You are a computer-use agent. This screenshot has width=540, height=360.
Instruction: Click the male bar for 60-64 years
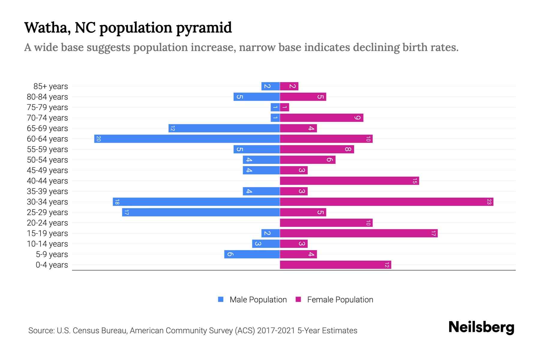tap(187, 139)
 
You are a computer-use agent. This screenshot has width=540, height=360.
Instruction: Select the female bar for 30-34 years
tap(386, 202)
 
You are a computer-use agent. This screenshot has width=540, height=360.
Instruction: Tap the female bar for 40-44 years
tap(349, 181)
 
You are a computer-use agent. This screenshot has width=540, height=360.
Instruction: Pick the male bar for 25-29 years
tap(201, 212)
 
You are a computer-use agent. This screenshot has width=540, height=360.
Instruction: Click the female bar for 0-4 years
tap(335, 265)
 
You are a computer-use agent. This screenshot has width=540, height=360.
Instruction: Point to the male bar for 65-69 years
tap(224, 128)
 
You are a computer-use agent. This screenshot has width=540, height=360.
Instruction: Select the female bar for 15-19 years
tap(358, 233)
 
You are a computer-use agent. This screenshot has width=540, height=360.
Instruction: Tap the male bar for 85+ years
tap(270, 86)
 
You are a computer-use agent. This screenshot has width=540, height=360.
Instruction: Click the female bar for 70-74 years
tap(321, 118)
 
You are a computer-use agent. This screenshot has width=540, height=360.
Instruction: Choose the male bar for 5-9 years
tap(252, 254)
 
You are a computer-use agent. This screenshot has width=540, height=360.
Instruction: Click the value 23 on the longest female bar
tap(489, 202)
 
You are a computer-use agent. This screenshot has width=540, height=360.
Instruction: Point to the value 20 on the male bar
tap(98, 139)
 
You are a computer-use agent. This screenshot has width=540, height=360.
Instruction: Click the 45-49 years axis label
tap(47, 170)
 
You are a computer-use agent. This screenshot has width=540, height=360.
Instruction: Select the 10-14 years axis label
tap(47, 244)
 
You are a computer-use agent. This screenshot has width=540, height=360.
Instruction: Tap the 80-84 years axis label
tap(47, 97)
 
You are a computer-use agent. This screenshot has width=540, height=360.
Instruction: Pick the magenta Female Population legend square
tap(298, 299)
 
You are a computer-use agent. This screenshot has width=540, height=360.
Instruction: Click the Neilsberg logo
tap(481, 327)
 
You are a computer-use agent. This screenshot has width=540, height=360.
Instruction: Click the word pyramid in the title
tap(204, 28)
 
